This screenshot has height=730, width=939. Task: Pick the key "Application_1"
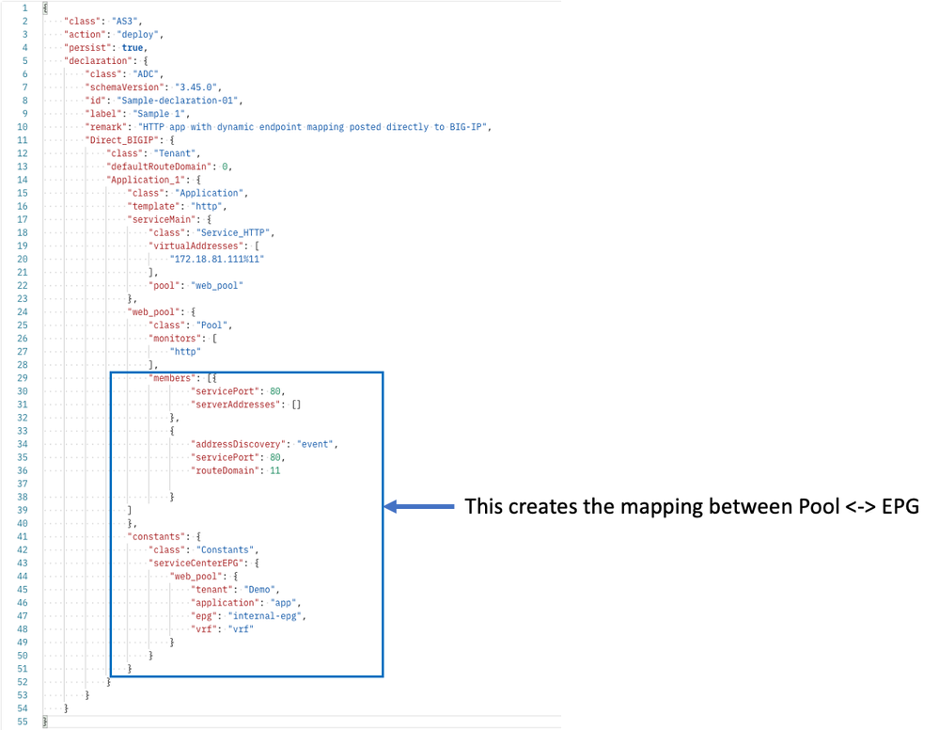click(141, 179)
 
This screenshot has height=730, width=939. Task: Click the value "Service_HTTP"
click(241, 231)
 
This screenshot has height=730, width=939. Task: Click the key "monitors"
click(172, 337)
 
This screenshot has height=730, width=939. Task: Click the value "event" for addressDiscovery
click(318, 443)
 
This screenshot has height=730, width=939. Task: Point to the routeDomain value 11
click(274, 469)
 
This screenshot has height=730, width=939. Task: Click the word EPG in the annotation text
click(900, 506)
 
